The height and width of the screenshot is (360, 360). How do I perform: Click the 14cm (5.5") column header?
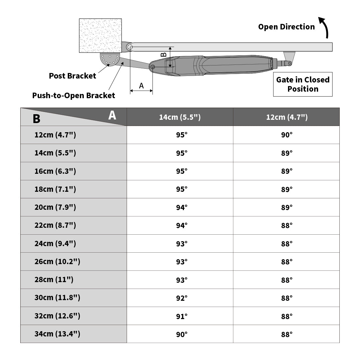point(180,117)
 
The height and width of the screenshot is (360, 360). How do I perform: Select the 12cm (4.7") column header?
point(286,117)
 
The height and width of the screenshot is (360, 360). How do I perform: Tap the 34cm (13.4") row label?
point(57,334)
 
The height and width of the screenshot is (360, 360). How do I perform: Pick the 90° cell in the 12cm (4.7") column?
point(286,135)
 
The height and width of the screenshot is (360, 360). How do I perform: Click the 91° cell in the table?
point(182,316)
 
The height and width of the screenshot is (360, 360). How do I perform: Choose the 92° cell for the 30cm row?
point(182,298)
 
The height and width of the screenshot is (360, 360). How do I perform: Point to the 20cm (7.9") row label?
point(55,207)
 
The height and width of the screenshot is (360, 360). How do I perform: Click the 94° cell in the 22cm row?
point(182,225)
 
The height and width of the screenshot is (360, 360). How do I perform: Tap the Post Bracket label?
point(72,76)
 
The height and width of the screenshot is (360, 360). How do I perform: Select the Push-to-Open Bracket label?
point(74,96)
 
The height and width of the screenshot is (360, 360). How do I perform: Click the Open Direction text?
point(286,27)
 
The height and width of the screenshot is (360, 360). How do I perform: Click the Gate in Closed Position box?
point(303,84)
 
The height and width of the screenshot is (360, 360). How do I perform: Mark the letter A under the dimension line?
point(141,86)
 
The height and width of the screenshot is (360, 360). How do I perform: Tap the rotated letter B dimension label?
point(164,54)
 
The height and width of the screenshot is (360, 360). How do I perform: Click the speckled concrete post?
point(100,35)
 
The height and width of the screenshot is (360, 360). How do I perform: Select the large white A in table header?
point(112,115)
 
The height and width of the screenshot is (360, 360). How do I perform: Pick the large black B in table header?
point(37,119)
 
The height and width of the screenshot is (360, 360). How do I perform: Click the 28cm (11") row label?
point(54,279)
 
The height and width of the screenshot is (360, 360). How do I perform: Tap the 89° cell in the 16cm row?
point(286,171)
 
